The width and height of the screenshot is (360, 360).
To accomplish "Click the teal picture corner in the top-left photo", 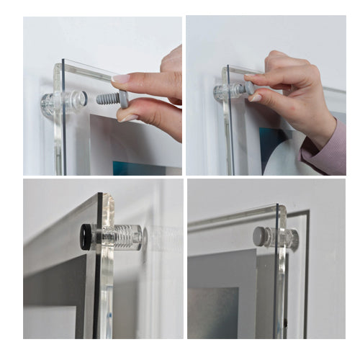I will point(130,168).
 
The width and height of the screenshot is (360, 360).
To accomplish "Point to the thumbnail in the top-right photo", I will point(254,97).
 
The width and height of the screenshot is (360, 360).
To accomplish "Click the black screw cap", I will point(86,236).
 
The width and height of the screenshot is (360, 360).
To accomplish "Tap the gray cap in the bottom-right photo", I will point(260,237).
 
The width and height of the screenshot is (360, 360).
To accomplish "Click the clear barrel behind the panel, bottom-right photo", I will point(292,238).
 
